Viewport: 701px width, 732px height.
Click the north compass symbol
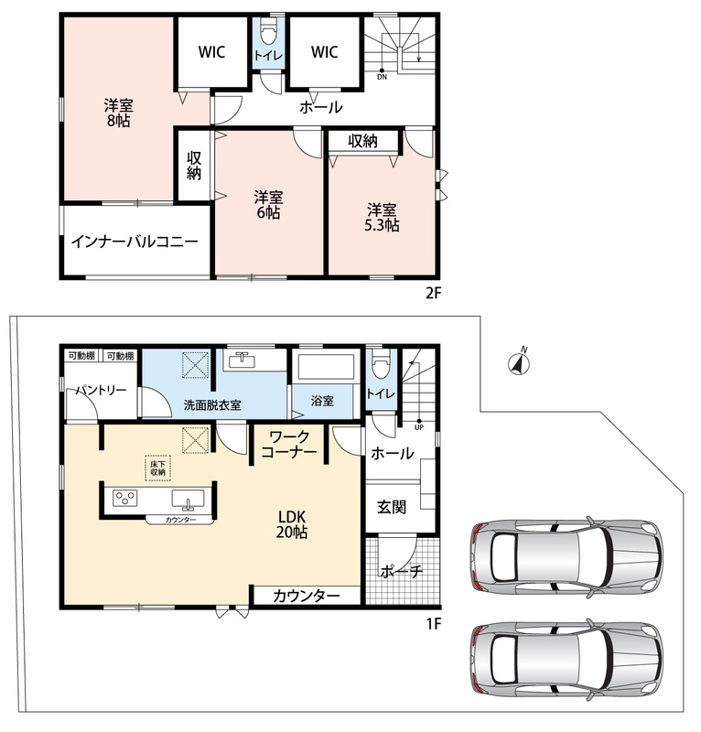(x=518, y=362)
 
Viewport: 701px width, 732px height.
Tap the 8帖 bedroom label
(x=119, y=113)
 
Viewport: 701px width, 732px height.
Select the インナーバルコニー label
(x=135, y=242)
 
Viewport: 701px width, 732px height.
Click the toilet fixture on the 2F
(x=268, y=33)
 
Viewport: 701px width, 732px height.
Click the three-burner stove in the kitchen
(x=125, y=498)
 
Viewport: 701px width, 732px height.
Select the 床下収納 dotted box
(x=157, y=468)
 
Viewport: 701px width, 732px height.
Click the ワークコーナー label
(x=289, y=444)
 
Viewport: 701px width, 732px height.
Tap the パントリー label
(x=102, y=390)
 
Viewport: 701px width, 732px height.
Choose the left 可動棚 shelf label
(x=81, y=356)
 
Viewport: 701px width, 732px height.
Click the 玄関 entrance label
(x=392, y=507)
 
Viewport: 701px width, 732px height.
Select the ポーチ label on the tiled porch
(x=402, y=571)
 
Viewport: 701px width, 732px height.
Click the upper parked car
(x=567, y=557)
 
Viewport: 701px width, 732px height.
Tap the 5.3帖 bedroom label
(x=382, y=218)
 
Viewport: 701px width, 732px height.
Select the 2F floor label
(x=433, y=293)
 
